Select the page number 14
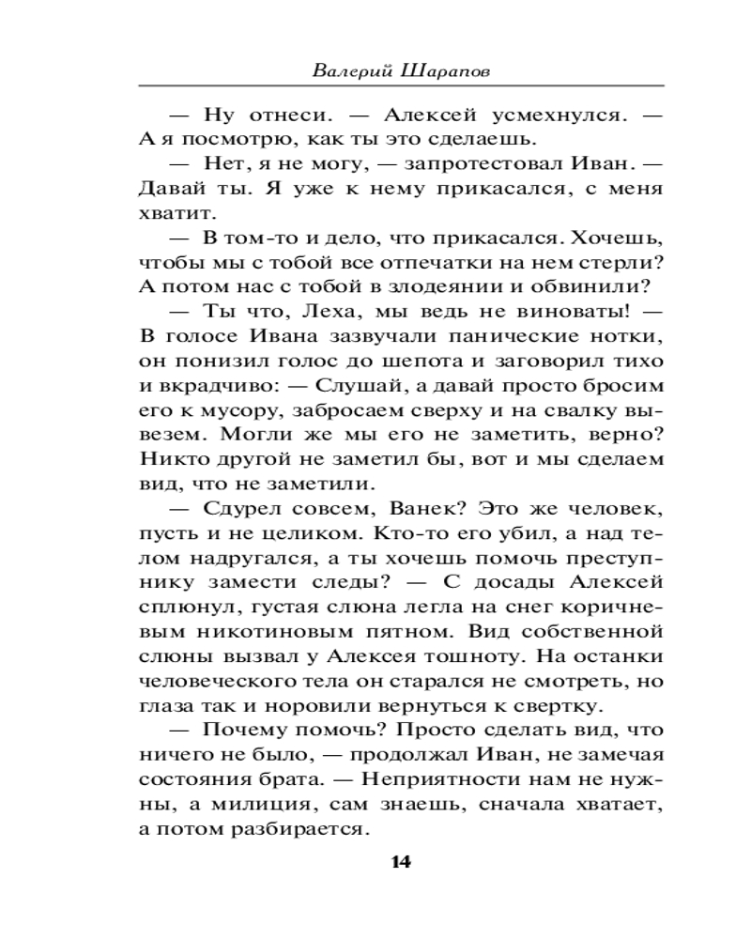coord(401,862)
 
